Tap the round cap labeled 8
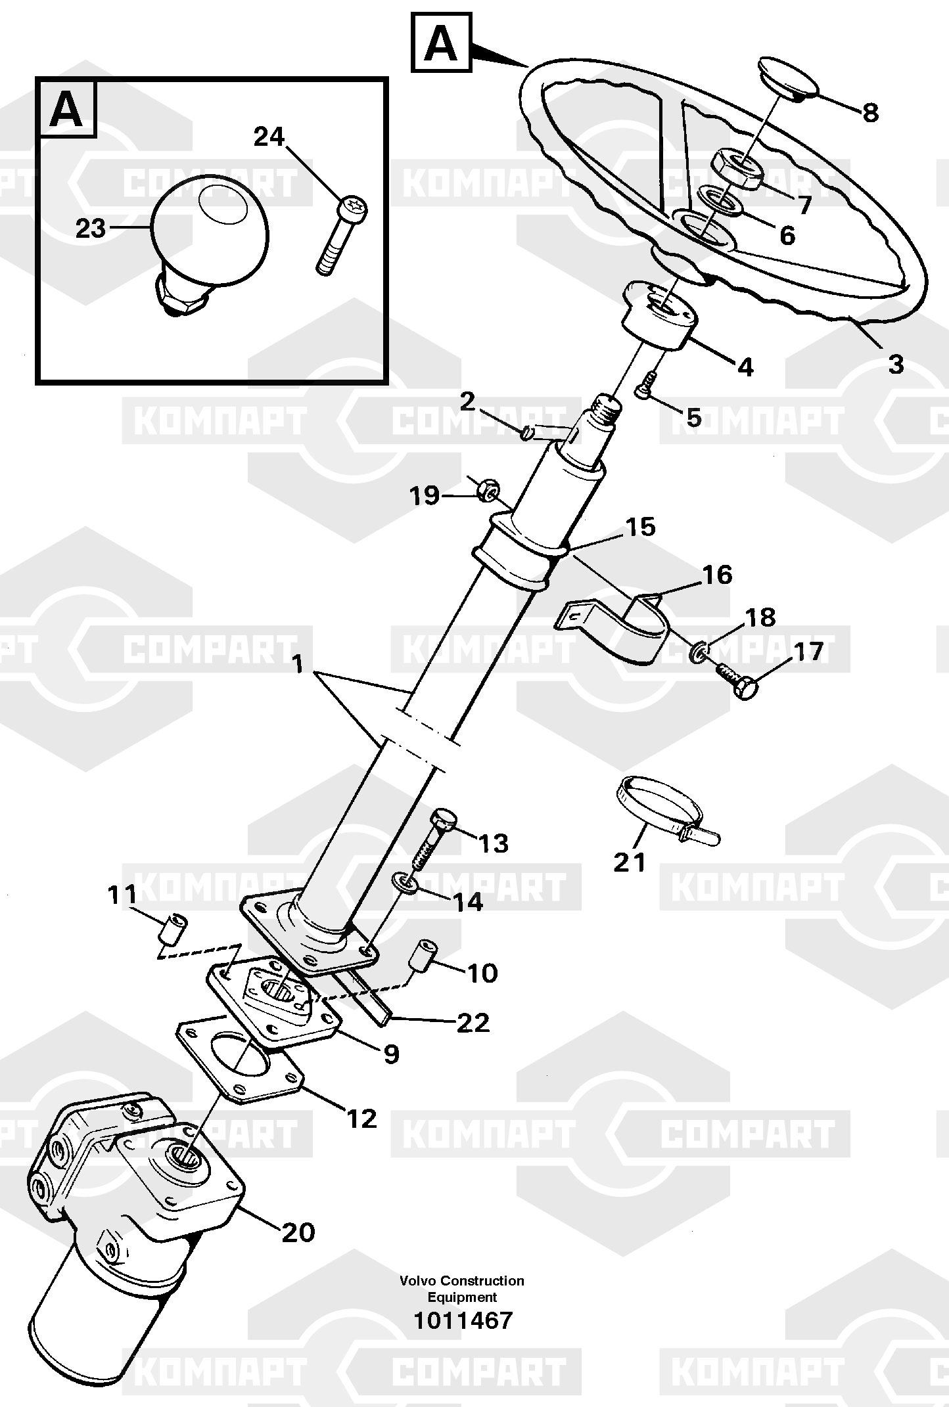(787, 79)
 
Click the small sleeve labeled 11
(174, 927)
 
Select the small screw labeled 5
(645, 385)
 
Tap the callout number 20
(298, 1232)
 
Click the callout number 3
(896, 363)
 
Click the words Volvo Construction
(461, 1280)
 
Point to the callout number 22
(473, 1022)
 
